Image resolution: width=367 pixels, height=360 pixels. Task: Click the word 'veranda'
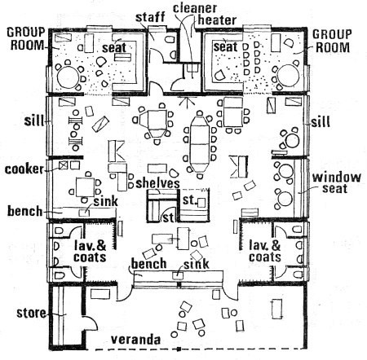(x=135, y=340)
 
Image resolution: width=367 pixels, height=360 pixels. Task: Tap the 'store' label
(x=31, y=313)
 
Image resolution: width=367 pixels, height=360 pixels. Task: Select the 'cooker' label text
(x=24, y=169)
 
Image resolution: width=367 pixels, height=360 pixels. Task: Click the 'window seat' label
(x=336, y=182)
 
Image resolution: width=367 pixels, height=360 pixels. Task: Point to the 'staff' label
(x=150, y=17)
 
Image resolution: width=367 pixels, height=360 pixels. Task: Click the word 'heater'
(x=217, y=20)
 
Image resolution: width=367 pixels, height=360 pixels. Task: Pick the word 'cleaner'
(x=195, y=8)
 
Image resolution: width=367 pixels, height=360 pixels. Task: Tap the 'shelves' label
(x=157, y=183)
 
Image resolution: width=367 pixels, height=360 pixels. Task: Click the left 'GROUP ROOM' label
(x=26, y=39)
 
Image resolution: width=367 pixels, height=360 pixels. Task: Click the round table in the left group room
(x=68, y=77)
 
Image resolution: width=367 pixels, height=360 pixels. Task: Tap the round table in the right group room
(x=289, y=76)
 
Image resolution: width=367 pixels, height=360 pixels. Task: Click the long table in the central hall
(x=200, y=144)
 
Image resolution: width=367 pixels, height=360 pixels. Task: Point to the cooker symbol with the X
(x=63, y=165)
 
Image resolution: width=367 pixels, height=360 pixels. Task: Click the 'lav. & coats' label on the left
(x=90, y=252)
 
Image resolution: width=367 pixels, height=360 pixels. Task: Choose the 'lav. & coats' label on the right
(x=265, y=252)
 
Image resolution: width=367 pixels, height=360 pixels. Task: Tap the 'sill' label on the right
(x=321, y=122)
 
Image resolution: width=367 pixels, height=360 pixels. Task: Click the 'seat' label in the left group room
(x=114, y=48)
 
